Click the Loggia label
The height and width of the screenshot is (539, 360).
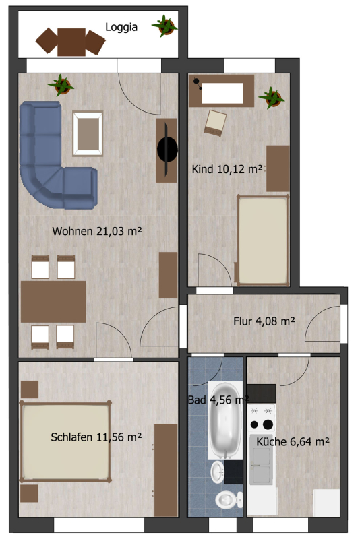point(121,28)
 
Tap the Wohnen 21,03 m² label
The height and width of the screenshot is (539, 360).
point(96,232)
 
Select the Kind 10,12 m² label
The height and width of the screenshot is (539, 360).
point(227,169)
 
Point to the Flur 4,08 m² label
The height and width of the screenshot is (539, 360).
point(264,321)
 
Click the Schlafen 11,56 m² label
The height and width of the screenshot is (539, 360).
point(96,437)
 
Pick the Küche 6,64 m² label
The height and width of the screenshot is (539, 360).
point(293,442)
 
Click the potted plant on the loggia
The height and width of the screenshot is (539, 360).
point(164,26)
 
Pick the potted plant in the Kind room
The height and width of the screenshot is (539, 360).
point(272,98)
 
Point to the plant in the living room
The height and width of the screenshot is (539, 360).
point(60,86)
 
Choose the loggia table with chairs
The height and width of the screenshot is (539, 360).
point(71,41)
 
